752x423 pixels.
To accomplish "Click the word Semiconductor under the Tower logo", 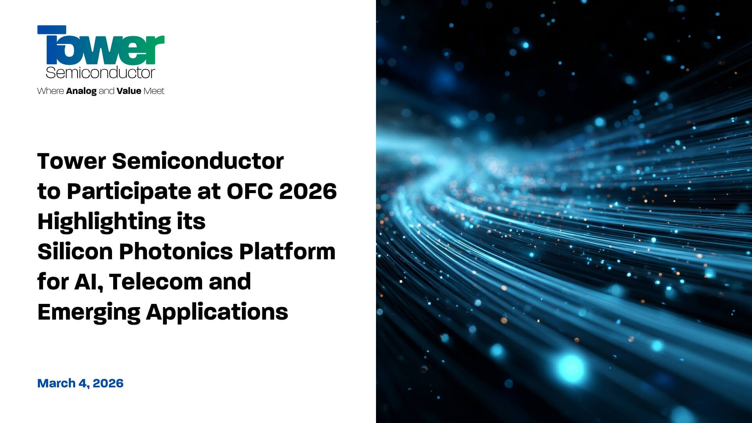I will click(100, 72).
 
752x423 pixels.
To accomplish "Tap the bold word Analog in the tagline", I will click(81, 91).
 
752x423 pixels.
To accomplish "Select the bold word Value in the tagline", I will click(129, 91).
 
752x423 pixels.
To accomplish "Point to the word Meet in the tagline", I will click(154, 91).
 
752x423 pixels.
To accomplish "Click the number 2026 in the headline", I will click(308, 191).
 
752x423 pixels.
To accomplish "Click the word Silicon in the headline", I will click(75, 251).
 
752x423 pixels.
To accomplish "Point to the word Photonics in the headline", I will click(176, 251).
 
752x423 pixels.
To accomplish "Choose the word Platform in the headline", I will click(287, 251).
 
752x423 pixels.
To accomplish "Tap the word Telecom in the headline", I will click(156, 282).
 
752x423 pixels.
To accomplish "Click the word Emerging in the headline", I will click(89, 313).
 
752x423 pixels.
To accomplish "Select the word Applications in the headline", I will click(217, 313).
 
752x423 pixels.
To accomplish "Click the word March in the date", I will click(56, 383).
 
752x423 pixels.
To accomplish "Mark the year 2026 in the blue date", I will click(108, 383).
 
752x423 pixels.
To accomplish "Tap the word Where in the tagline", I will click(51, 91).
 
